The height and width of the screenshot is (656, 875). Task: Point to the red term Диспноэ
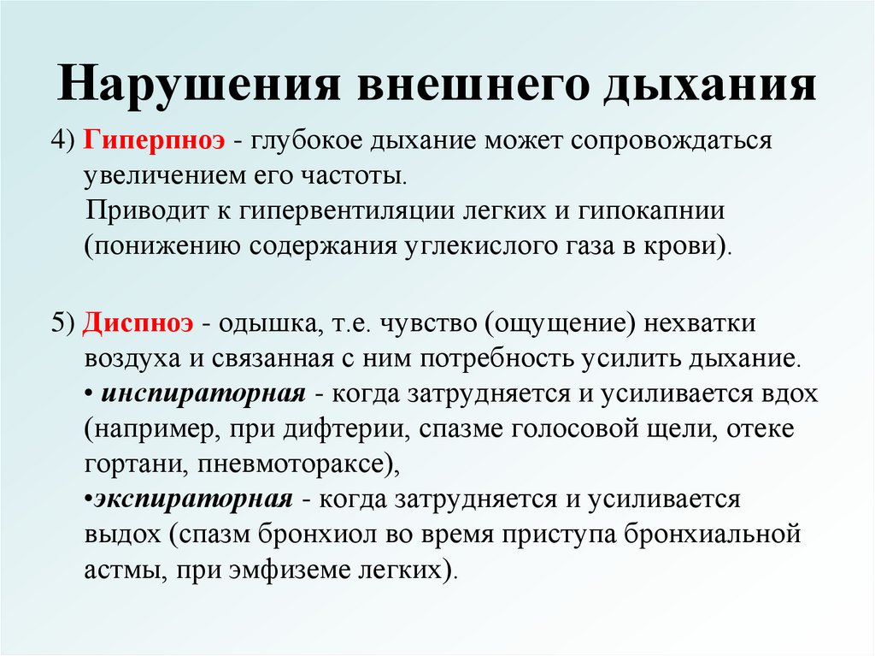141,324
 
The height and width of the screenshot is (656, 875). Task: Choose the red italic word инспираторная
203,395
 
